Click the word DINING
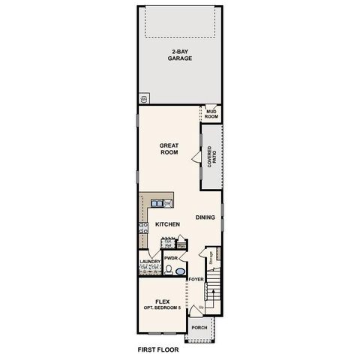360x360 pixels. point(205,217)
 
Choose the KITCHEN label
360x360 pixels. point(167,224)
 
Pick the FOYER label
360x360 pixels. point(196,279)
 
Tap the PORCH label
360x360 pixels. point(199,328)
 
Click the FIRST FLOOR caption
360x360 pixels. point(158,349)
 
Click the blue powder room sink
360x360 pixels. point(181,269)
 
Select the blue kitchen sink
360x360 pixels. point(157,202)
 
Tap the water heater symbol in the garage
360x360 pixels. point(143,98)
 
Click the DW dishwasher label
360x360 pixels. point(169,203)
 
